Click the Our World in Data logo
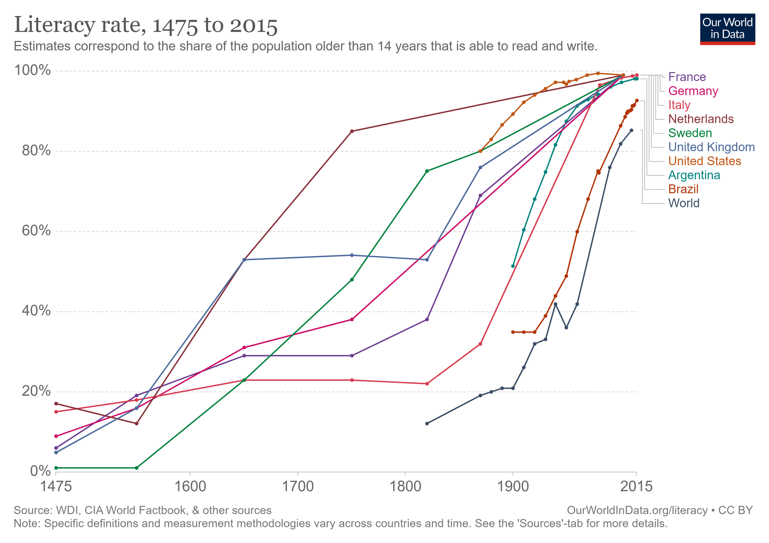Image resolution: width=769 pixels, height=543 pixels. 727,29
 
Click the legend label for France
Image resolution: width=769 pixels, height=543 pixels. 687,77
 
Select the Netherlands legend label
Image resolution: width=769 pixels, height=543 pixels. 701,119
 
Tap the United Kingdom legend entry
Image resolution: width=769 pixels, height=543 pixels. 711,147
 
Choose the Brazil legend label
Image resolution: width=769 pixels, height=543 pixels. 683,189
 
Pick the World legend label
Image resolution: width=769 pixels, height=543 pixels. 683,203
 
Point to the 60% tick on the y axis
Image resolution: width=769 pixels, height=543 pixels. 36,231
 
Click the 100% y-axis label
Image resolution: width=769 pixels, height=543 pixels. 32,71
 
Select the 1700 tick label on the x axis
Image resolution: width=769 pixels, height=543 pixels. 297,486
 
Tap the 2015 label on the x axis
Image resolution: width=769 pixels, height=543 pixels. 636,486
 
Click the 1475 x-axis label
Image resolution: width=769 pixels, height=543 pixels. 56,486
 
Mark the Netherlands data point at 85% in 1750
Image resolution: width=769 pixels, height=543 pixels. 351,131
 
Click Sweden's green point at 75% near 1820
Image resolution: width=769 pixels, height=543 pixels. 427,171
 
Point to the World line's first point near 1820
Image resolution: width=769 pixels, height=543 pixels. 427,424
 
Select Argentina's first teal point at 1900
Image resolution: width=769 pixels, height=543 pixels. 513,266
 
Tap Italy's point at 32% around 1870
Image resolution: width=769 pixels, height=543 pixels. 480,344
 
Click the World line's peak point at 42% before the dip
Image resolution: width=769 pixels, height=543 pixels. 555,304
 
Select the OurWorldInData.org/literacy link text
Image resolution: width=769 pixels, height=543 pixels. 637,510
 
